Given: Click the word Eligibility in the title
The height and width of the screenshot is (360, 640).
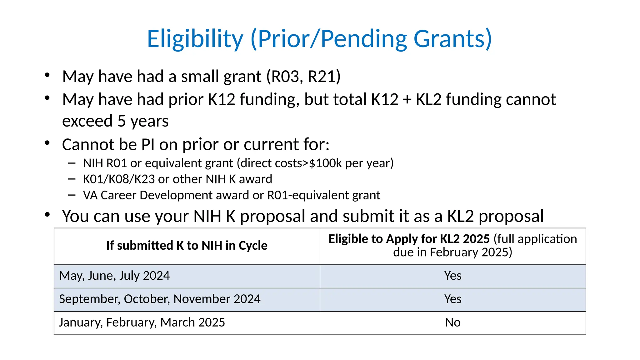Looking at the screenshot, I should point(195,39).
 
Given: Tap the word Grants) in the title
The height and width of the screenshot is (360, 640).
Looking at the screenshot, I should point(453,39).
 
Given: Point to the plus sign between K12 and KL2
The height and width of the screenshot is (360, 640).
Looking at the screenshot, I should point(407,100).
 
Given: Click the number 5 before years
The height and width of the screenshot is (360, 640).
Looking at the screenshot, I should point(122,121).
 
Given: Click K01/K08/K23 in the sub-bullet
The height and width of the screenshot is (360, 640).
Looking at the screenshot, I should point(119,179).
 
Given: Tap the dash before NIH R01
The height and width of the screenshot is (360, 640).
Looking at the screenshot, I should point(72,163).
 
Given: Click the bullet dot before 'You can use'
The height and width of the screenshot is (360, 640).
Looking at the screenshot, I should point(47,215).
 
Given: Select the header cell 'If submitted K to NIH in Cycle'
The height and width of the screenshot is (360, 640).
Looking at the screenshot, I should point(187,246).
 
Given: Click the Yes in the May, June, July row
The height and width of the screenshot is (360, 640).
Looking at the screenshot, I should point(453,276).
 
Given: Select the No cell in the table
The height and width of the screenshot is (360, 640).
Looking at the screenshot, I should point(453,322).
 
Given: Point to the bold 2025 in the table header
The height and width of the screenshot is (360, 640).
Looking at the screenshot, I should point(476,239).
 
